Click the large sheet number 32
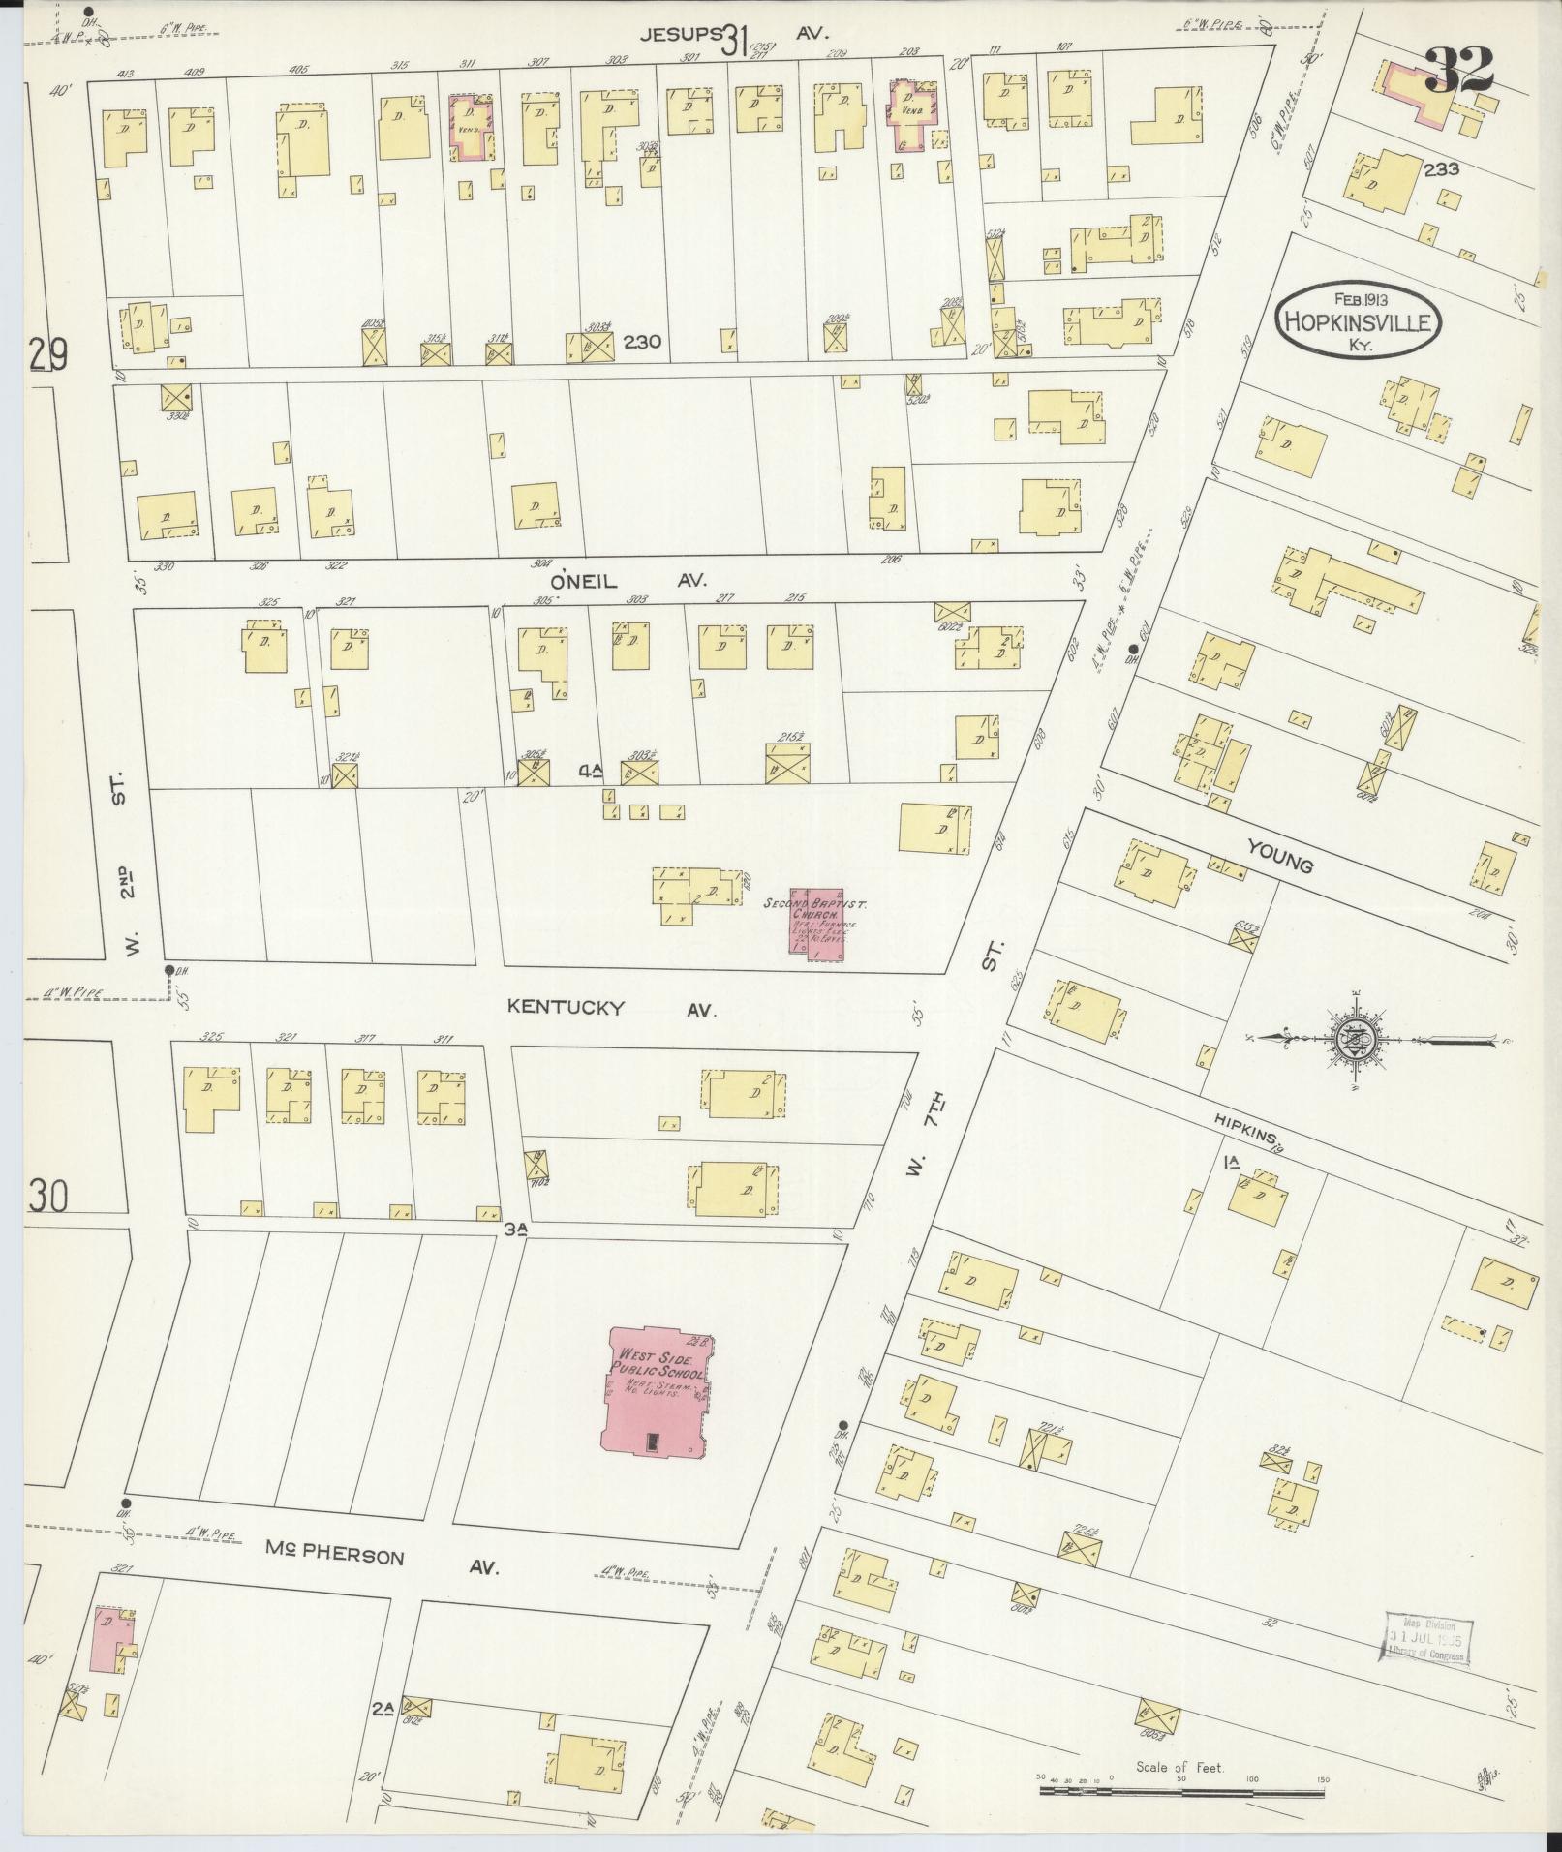1457,69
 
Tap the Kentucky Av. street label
610,1008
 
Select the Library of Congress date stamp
1426,1640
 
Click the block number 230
641,341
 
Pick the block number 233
1441,169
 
